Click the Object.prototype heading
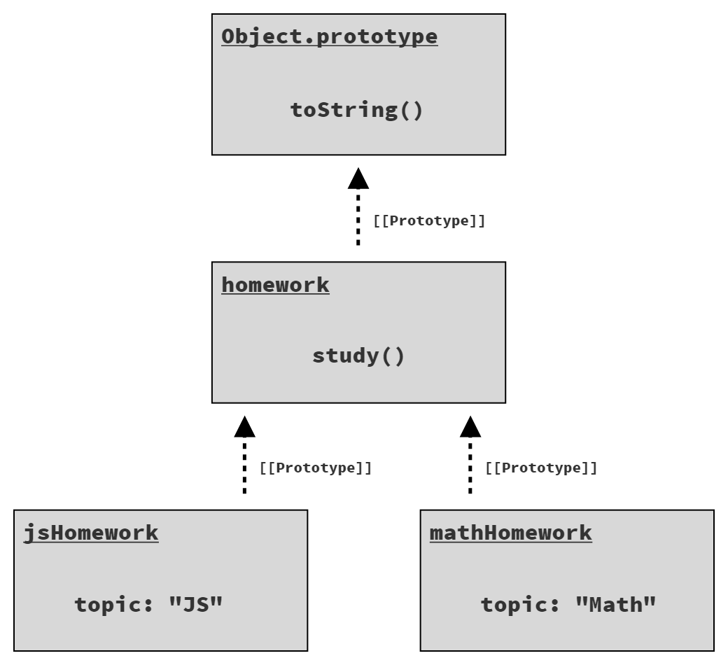point(329,37)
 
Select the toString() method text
point(357,111)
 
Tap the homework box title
point(275,285)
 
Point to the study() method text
point(358,356)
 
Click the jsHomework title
point(91,533)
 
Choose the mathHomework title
point(510,533)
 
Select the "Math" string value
point(615,603)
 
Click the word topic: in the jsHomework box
point(113,603)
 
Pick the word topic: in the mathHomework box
point(519,603)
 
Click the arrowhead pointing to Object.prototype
point(358,179)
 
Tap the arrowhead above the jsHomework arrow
point(244,427)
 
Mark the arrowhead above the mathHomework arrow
point(470,427)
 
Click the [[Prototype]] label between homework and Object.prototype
point(428,220)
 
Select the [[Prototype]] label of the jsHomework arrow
point(315,468)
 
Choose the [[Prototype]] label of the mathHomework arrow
point(541,468)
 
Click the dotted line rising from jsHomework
point(244,467)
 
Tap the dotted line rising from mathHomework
point(470,467)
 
